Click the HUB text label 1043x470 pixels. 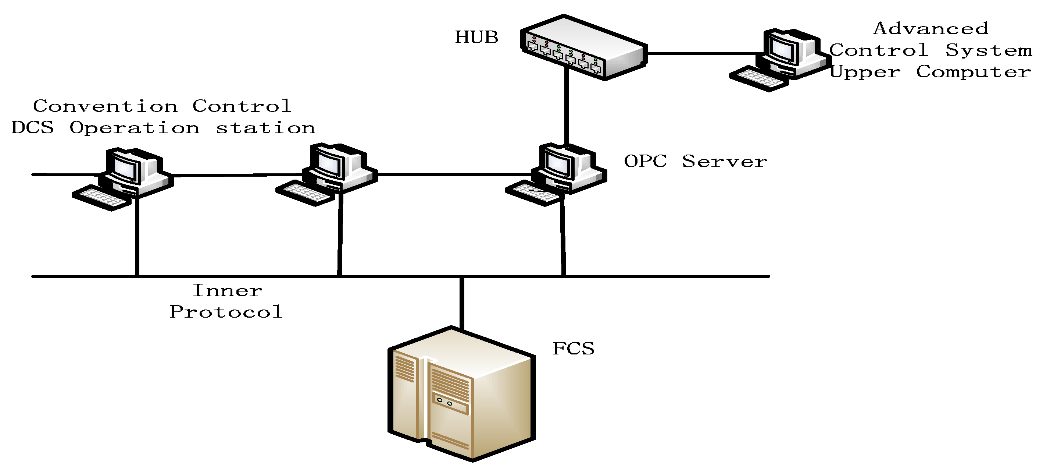click(476, 37)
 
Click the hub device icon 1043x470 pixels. click(583, 48)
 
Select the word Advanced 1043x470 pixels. click(931, 28)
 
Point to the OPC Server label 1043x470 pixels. click(695, 161)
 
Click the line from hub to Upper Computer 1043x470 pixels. click(704, 53)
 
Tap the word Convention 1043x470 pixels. click(105, 106)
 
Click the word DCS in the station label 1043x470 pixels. click(32, 128)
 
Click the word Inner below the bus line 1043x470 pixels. click(227, 290)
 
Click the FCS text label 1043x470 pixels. click(573, 349)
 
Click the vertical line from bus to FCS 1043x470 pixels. click(462, 302)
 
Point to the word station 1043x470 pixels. click(265, 128)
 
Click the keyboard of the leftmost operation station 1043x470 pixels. click(101, 198)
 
